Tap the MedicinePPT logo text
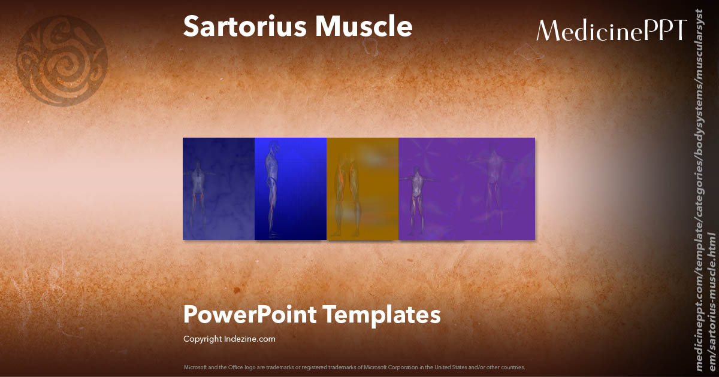tap(611, 30)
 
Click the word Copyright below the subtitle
tap(202, 339)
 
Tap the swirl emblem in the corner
tap(62, 60)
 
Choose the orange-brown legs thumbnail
tap(362, 188)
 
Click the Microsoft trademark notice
tap(354, 367)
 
